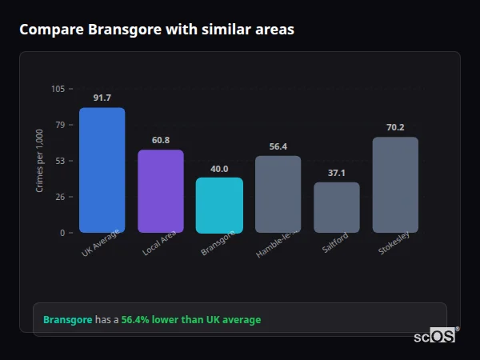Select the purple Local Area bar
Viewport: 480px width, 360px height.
(160, 191)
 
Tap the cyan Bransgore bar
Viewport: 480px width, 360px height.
(219, 206)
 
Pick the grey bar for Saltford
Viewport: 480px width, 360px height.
(336, 208)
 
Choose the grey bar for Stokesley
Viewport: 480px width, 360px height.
(395, 185)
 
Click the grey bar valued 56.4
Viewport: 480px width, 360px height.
(278, 194)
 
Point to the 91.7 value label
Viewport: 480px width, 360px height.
(102, 98)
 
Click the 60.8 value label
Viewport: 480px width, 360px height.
(160, 140)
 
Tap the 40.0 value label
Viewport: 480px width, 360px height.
(219, 169)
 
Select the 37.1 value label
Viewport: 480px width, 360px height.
(336, 173)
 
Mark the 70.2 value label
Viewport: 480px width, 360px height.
(395, 127)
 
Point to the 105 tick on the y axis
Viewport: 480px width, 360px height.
(58, 89)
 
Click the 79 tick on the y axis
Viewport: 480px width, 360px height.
(60, 125)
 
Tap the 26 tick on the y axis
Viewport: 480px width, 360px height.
(60, 197)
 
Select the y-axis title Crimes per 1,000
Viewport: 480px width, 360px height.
(40, 160)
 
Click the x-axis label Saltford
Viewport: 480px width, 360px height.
(334, 244)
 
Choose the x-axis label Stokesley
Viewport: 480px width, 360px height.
(394, 245)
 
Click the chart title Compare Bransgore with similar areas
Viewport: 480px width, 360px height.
(157, 30)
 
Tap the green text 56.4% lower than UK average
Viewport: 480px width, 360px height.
(190, 319)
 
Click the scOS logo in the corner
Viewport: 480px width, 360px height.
(435, 336)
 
